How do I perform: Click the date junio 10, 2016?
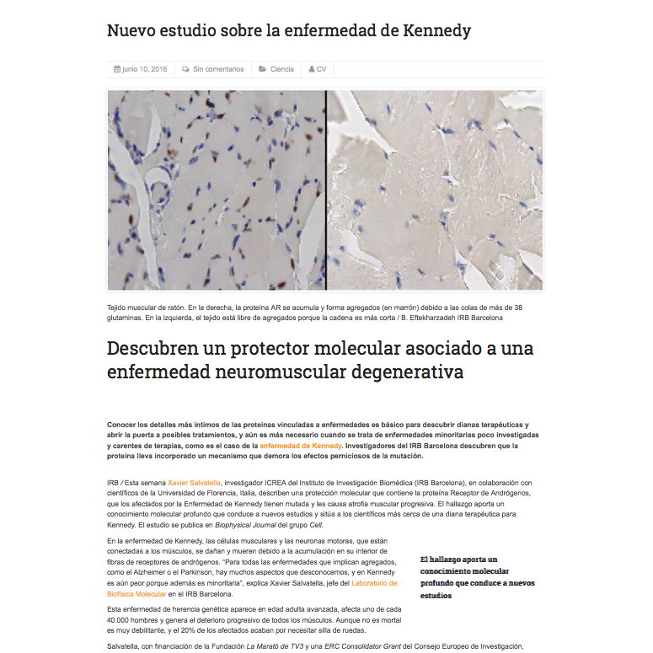[x=145, y=69]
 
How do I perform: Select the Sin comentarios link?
[x=218, y=69]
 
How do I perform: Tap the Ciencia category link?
[x=282, y=69]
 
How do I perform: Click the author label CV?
[x=321, y=69]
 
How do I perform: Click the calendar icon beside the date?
[x=117, y=69]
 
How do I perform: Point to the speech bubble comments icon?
[x=185, y=69]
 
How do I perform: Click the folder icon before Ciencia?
[x=263, y=69]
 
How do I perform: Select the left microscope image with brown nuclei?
[x=217, y=190]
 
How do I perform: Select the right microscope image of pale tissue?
[x=435, y=190]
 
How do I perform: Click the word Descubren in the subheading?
[x=161, y=349]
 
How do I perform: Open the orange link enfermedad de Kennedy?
[x=301, y=445]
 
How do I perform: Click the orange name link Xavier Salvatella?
[x=194, y=483]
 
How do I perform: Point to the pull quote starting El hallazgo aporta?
[x=477, y=577]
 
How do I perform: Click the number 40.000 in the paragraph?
[x=120, y=619]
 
